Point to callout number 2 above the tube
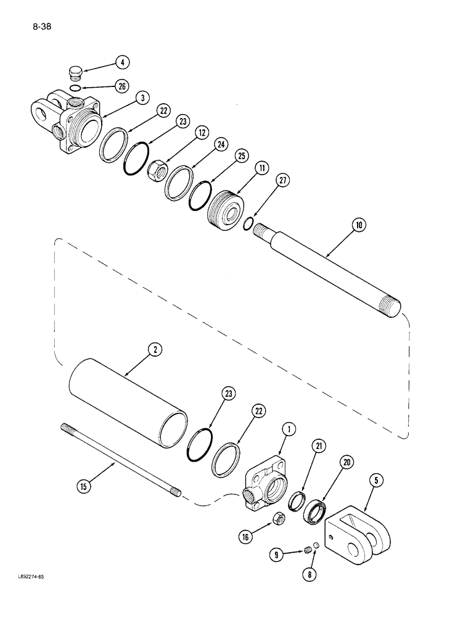(155, 350)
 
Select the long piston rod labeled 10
(327, 266)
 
